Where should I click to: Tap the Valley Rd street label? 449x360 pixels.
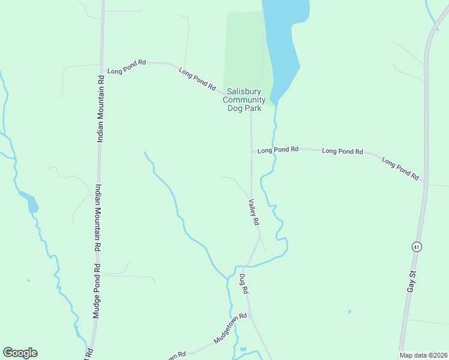254,212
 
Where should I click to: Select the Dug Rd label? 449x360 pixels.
244,284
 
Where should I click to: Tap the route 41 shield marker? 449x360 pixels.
416,247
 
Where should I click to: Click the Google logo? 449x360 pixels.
20,353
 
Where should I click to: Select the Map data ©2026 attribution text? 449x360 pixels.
423,355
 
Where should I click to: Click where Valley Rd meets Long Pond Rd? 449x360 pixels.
252,149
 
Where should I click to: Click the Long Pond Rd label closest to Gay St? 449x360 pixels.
400,169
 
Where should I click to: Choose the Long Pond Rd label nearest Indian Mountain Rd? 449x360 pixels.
127,66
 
